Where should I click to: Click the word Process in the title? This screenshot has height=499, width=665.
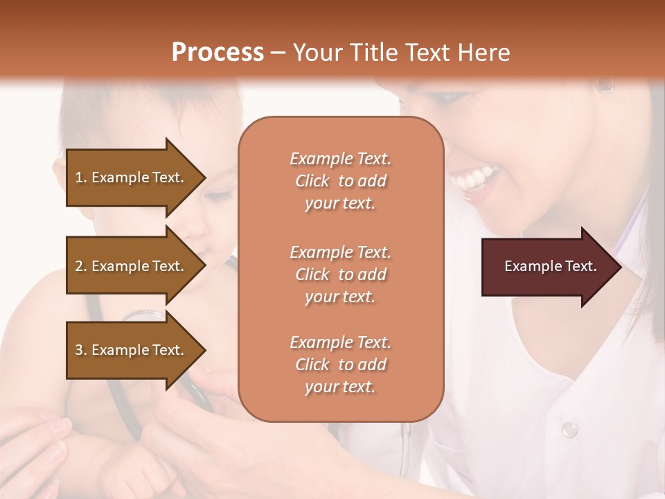tap(218, 53)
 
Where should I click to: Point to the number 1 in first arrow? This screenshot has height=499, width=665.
tap(79, 177)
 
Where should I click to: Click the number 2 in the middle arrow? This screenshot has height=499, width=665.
tap(79, 266)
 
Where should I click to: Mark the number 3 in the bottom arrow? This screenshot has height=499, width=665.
tap(79, 350)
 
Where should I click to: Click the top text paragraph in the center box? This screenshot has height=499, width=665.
tap(340, 181)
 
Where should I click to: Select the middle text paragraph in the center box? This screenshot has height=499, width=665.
tap(340, 274)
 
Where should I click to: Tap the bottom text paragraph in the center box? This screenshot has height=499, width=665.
tap(340, 365)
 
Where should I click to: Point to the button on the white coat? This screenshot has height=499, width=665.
tap(569, 429)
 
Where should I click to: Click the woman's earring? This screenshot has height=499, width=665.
tap(605, 86)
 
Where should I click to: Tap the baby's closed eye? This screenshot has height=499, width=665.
tap(219, 196)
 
